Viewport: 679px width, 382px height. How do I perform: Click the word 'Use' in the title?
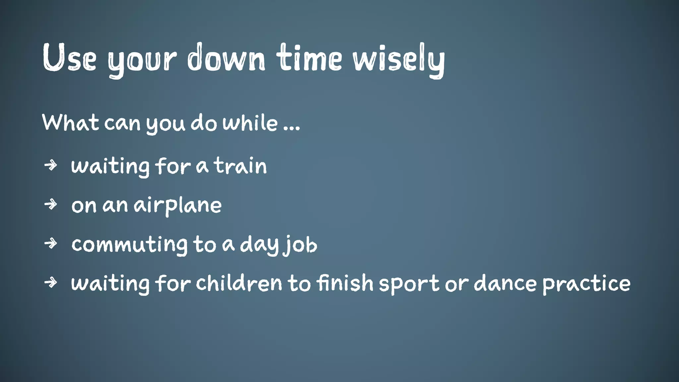pos(69,58)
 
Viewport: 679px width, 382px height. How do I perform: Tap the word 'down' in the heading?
pos(226,58)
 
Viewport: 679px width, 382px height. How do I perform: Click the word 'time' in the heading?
pos(310,58)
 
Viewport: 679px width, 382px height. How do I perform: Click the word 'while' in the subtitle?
pos(250,123)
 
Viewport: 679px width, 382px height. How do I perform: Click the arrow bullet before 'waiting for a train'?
pos(51,165)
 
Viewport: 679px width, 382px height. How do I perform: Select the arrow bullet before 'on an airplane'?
pos(51,204)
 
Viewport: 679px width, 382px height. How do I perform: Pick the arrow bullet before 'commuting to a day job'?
pos(51,243)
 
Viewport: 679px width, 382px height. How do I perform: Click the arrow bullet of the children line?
pos(51,283)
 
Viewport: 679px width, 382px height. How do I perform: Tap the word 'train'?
pos(240,166)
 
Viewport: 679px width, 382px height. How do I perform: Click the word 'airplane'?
pos(178,206)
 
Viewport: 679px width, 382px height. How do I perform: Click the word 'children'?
pos(239,283)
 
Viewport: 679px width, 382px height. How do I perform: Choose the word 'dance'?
pos(505,284)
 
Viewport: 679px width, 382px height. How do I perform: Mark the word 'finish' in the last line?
pos(345,283)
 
